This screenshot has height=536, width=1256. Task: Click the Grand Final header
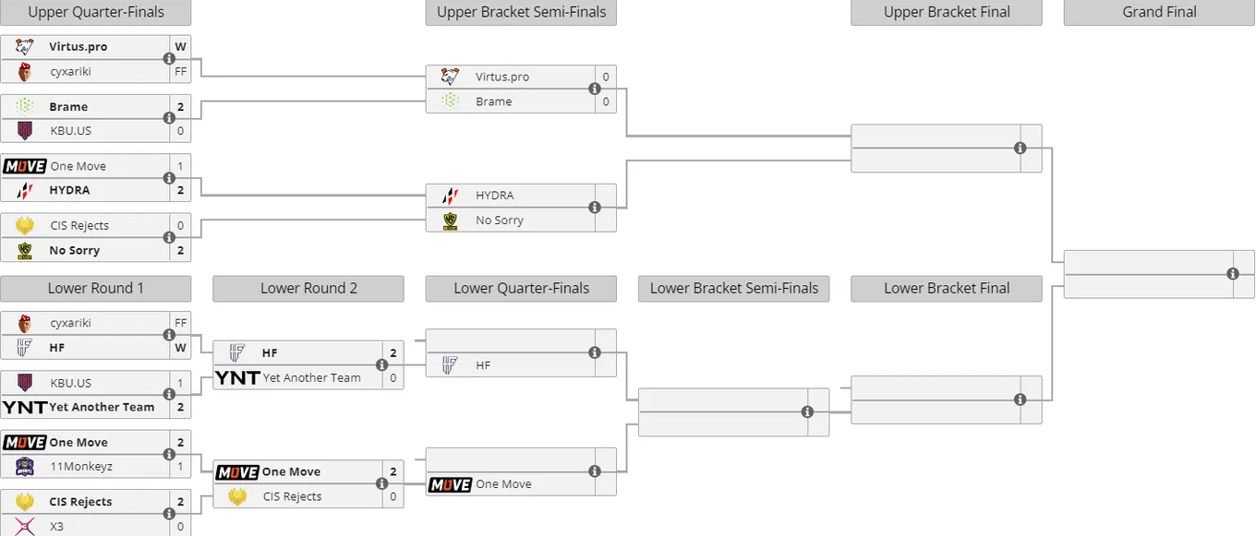(x=1159, y=12)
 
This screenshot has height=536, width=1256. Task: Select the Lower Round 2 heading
(x=308, y=289)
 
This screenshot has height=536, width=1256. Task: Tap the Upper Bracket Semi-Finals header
(x=521, y=12)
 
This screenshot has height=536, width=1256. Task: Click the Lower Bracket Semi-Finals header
(x=733, y=289)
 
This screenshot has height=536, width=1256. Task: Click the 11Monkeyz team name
(x=81, y=467)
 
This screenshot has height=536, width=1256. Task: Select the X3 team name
(x=56, y=527)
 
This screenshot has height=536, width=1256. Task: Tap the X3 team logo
(x=25, y=527)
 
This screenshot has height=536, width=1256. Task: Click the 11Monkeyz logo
(x=25, y=466)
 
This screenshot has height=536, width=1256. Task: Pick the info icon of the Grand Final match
(x=1232, y=274)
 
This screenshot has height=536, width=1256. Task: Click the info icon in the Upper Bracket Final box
(x=1020, y=148)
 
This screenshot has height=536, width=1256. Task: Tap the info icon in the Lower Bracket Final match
(x=1020, y=399)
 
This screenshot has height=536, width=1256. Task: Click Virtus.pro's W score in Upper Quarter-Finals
(x=180, y=46)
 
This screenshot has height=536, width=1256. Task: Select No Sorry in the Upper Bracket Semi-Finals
(x=499, y=220)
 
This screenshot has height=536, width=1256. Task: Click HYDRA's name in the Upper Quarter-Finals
(x=69, y=190)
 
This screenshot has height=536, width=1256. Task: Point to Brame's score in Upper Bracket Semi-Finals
(x=606, y=101)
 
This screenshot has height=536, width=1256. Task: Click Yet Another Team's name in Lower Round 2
(x=312, y=378)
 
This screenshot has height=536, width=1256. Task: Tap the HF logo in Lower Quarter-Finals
(x=450, y=365)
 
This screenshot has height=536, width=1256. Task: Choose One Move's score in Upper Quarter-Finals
(x=180, y=166)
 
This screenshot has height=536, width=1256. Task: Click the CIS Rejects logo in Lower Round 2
(x=237, y=496)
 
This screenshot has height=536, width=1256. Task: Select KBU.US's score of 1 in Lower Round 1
(x=180, y=383)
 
